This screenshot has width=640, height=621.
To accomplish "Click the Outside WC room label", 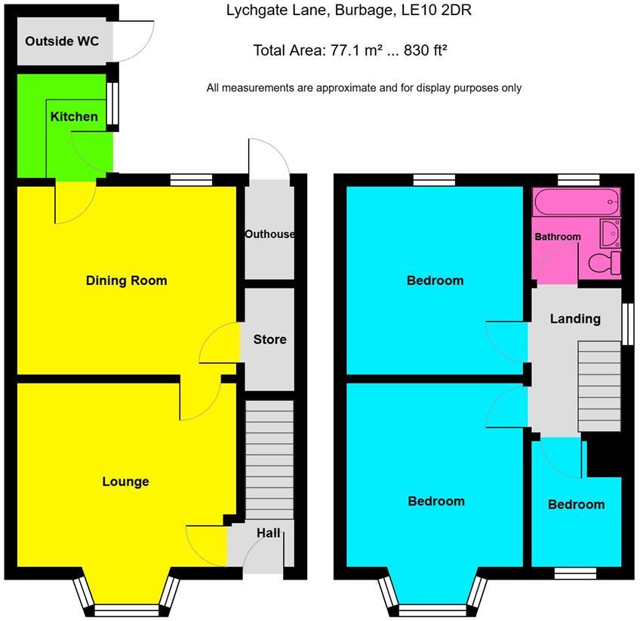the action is pyautogui.click(x=62, y=41).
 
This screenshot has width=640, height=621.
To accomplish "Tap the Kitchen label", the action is pyautogui.click(x=74, y=117).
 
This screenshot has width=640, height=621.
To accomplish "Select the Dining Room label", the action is pyautogui.click(x=127, y=280).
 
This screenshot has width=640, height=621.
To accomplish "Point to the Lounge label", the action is pyautogui.click(x=126, y=482).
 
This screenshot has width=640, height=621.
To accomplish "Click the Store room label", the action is pyautogui.click(x=269, y=339).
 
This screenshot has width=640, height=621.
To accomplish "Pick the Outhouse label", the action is pyautogui.click(x=269, y=234).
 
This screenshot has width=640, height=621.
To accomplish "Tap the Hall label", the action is pyautogui.click(x=268, y=533).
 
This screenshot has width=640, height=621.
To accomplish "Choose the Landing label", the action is pyautogui.click(x=576, y=319).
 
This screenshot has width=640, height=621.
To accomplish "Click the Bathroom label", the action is pyautogui.click(x=558, y=237).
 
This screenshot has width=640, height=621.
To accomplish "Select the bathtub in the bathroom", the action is pyautogui.click(x=577, y=202).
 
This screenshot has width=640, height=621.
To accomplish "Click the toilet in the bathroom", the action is pyautogui.click(x=605, y=263).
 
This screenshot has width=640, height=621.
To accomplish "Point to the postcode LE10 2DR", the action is pyautogui.click(x=437, y=11).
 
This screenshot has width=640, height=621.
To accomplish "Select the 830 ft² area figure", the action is pyautogui.click(x=426, y=50).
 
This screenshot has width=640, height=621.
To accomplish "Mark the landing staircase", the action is pyautogui.click(x=599, y=387).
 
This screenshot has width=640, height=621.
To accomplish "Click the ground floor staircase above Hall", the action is pyautogui.click(x=269, y=460).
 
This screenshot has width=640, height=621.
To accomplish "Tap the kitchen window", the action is pyautogui.click(x=112, y=103).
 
